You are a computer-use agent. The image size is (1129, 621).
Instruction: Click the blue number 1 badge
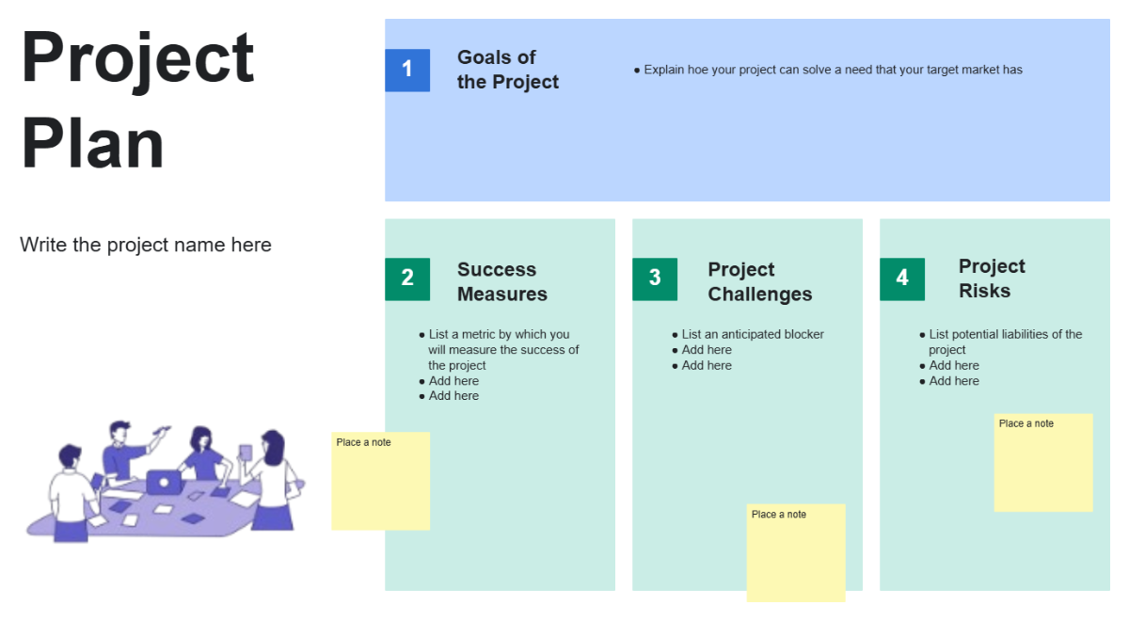coord(406,70)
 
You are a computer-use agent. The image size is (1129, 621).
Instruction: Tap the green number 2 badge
coord(406,279)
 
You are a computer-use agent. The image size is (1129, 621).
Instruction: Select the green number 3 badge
coord(654,279)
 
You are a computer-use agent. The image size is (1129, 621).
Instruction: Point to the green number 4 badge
coord(901,279)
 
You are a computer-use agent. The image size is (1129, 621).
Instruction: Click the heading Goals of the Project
coord(507,70)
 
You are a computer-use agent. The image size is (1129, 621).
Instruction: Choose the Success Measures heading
coord(501,281)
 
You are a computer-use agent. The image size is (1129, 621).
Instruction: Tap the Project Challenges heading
coord(759,281)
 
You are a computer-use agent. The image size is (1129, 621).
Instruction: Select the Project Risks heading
coord(992,279)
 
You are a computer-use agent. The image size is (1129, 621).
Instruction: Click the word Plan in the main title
coord(92,144)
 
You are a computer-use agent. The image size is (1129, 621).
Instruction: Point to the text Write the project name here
coord(146,245)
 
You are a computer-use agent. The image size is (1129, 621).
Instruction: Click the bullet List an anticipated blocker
coord(753,334)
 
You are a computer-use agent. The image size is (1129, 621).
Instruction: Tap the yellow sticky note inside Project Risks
coord(1042,463)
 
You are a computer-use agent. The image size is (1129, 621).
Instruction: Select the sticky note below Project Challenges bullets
coord(796,552)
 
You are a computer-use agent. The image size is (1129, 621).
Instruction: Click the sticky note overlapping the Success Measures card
coord(380,481)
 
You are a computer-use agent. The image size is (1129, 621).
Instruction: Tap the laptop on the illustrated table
coord(164,482)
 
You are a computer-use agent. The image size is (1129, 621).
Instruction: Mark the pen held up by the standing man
coord(161,432)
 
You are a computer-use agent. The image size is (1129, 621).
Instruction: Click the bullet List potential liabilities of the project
coord(1005,342)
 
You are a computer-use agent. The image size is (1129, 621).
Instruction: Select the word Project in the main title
coord(138,58)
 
